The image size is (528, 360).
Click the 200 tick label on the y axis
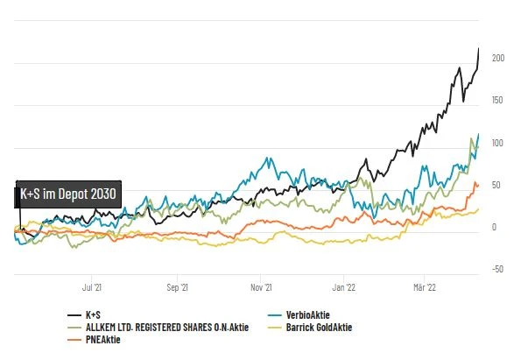498,58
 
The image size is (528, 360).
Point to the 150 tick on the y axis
498,100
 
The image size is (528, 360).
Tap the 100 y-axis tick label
498,143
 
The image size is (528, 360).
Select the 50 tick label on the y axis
496,185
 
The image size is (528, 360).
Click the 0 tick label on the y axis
495,227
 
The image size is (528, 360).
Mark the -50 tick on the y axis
496,269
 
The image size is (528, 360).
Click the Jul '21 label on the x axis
93,286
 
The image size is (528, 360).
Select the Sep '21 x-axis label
178,286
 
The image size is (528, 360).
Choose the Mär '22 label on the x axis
424,286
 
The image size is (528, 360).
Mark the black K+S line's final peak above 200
478,49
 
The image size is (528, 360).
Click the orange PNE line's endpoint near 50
477,186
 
